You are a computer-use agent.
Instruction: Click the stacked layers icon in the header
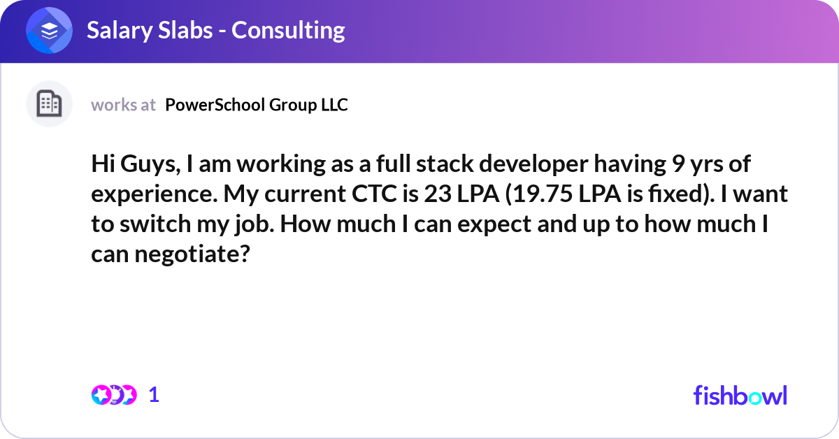(49, 30)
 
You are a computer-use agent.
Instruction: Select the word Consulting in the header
(288, 31)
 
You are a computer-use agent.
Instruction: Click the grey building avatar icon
(49, 103)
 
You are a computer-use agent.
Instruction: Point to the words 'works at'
(123, 105)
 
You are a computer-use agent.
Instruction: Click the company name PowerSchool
(215, 105)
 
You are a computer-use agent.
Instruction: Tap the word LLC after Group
(334, 105)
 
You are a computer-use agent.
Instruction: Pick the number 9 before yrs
(679, 164)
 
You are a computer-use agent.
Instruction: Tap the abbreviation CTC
(374, 194)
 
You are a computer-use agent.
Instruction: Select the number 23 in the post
(438, 194)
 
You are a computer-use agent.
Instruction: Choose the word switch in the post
(155, 224)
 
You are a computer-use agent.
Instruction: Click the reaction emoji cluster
(114, 395)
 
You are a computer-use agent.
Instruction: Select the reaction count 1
(154, 395)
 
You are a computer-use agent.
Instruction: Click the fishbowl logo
(740, 395)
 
